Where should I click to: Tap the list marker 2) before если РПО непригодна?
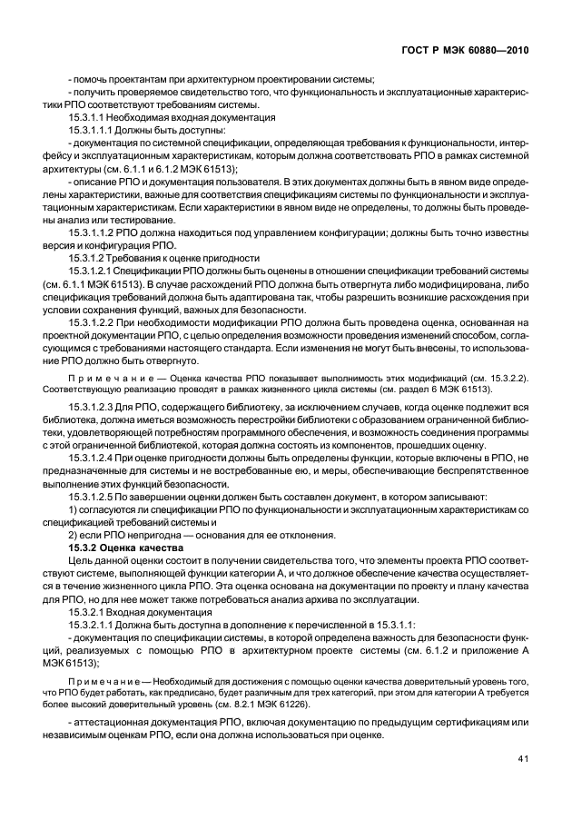pos(73,536)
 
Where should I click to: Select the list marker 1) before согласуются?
pos(73,510)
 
